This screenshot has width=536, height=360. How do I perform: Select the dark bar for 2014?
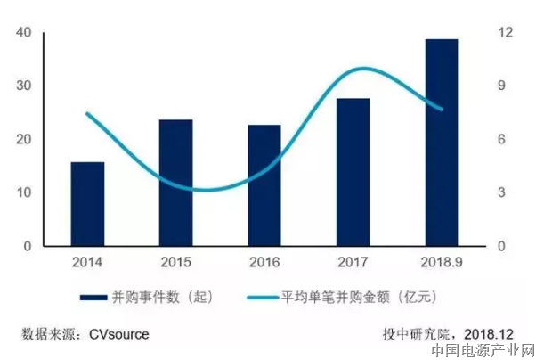coord(87,204)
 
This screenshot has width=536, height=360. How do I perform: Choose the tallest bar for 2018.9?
coord(441,143)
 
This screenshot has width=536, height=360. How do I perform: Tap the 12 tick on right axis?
coord(506,33)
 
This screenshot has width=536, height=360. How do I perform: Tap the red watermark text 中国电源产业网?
coord(481,350)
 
